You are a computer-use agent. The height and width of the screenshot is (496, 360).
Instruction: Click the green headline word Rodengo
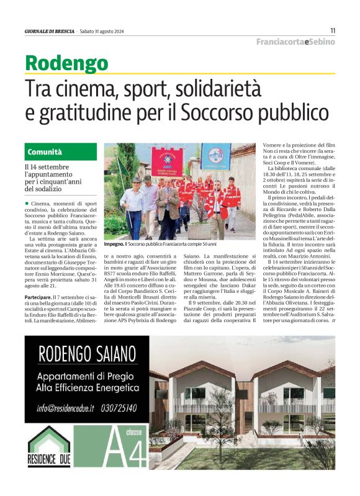(x=66, y=63)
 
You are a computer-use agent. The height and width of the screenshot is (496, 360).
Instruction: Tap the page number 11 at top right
(x=333, y=30)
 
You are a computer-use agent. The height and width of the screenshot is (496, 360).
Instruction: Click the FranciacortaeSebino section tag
(x=296, y=42)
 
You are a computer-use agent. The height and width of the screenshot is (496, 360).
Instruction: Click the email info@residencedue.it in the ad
(x=65, y=408)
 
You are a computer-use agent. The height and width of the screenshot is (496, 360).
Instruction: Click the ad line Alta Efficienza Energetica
(x=87, y=388)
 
